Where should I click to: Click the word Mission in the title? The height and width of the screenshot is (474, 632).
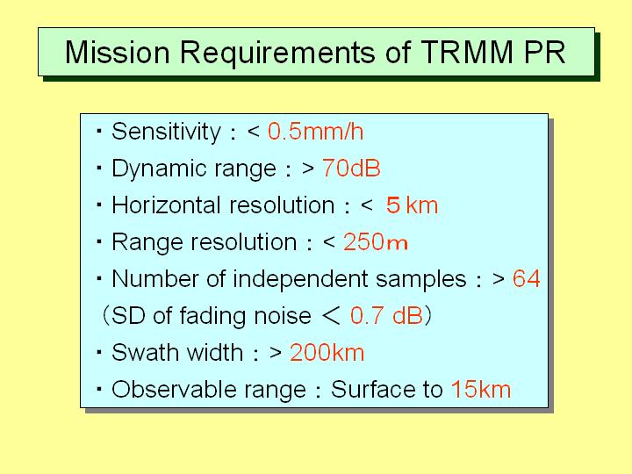(x=118, y=52)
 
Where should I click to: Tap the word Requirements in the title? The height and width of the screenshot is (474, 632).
(x=277, y=54)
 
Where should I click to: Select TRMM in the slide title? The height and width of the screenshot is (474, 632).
(x=467, y=52)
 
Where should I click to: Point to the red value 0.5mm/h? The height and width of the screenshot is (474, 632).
(x=315, y=132)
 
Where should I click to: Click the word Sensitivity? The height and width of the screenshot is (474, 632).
(x=166, y=133)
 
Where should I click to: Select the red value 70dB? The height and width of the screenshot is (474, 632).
(x=351, y=168)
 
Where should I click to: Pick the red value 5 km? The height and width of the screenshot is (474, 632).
(x=412, y=205)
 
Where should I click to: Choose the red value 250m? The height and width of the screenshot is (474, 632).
(x=376, y=242)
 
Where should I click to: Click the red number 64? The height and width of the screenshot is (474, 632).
(x=526, y=279)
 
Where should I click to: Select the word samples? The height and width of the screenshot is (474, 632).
(x=420, y=280)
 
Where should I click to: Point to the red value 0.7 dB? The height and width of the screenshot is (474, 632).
(x=386, y=316)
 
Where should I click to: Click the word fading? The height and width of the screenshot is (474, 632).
(x=211, y=316)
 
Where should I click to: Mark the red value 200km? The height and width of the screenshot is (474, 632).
(x=327, y=353)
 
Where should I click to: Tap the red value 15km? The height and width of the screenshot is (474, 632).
(x=480, y=390)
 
